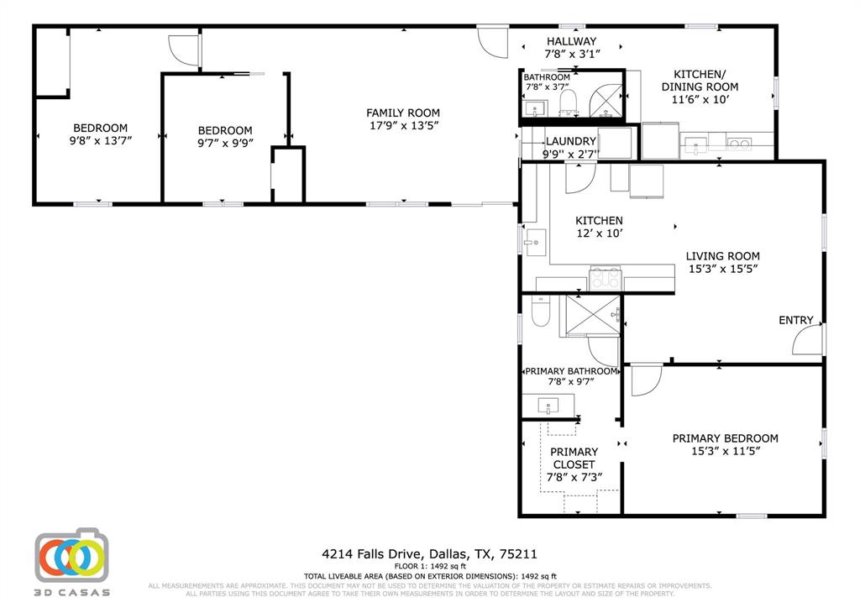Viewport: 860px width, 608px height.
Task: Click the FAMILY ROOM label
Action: [402, 113]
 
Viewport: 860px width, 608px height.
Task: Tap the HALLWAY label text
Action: [571, 41]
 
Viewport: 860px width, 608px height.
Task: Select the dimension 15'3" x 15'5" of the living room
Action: [722, 270]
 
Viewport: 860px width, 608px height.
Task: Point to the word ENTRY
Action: [795, 320]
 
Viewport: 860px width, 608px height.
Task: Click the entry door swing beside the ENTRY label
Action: [809, 339]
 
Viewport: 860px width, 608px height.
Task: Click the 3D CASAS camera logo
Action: [72, 556]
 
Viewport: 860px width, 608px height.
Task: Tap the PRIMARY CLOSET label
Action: [574, 458]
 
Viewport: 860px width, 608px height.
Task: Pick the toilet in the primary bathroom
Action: [540, 314]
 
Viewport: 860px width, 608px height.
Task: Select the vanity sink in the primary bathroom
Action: [548, 407]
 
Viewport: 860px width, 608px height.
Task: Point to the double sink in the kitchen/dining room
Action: [739, 144]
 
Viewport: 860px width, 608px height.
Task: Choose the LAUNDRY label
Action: [571, 141]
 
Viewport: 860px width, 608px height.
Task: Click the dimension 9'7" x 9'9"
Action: [225, 144]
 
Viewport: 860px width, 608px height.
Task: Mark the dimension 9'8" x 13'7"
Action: [100, 141]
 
